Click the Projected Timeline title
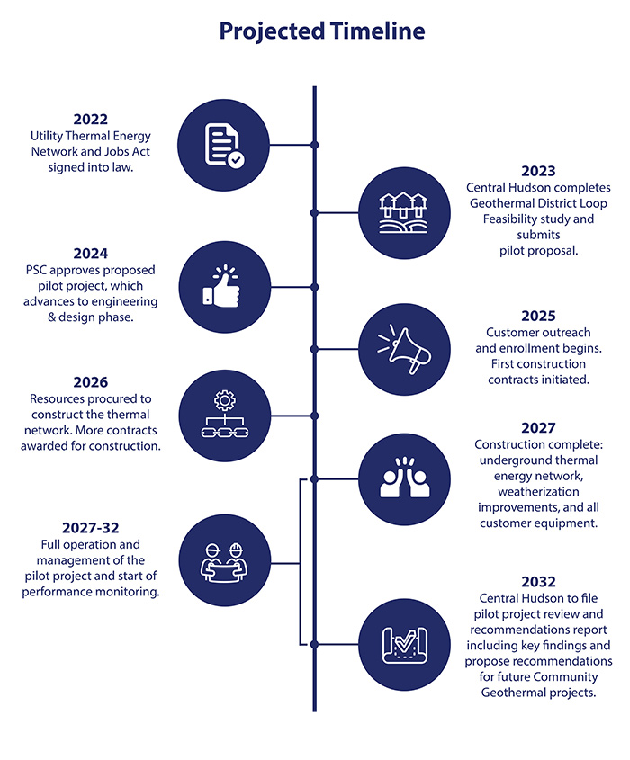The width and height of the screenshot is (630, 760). (322, 31)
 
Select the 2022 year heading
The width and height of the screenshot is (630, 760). (91, 120)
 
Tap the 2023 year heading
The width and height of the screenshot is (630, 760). (538, 171)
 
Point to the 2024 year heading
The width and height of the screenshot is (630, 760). (91, 254)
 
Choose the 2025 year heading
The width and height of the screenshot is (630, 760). (538, 316)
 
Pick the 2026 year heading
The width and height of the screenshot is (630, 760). (91, 382)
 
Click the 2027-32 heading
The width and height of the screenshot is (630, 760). (91, 528)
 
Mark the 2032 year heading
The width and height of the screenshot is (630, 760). (538, 582)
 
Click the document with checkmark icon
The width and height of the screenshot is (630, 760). (224, 146)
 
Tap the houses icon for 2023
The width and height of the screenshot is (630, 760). (403, 213)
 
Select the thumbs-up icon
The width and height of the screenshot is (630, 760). (221, 286)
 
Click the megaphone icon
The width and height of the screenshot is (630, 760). (404, 350)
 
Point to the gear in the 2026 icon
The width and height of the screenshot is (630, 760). (224, 401)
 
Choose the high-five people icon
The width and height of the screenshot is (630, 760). (405, 478)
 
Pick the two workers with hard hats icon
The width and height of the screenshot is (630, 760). (224, 562)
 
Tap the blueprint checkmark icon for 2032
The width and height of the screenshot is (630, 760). (405, 645)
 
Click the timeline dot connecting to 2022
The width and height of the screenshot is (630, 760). (314, 145)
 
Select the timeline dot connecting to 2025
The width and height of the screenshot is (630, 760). (314, 349)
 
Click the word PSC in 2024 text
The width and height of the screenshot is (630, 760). (36, 271)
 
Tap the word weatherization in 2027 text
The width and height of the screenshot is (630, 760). (538, 492)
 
